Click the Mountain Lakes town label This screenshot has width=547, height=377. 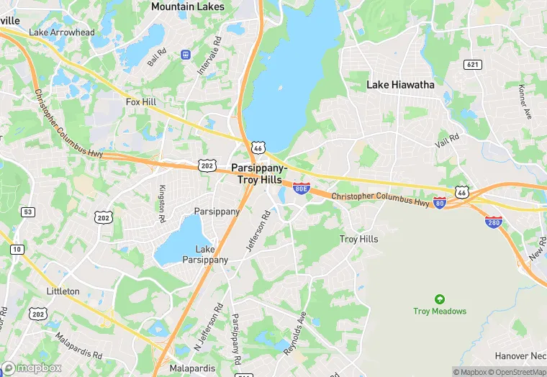click(187, 6)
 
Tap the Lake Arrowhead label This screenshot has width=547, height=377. click(61, 32)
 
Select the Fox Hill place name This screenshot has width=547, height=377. click(141, 102)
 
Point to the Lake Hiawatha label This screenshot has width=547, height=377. click(400, 84)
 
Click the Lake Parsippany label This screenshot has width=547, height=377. click(205, 255)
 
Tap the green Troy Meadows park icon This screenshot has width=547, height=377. click(439, 299)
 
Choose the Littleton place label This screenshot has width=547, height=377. click(63, 291)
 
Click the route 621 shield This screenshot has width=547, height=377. click(472, 65)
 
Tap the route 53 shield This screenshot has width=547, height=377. click(28, 212)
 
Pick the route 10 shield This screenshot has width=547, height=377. click(17, 249)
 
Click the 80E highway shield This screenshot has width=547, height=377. click(301, 188)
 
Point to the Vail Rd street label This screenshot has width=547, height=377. click(447, 140)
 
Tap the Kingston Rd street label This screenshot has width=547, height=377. click(162, 197)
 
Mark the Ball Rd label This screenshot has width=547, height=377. click(157, 57)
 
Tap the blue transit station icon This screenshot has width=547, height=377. click(186, 54)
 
